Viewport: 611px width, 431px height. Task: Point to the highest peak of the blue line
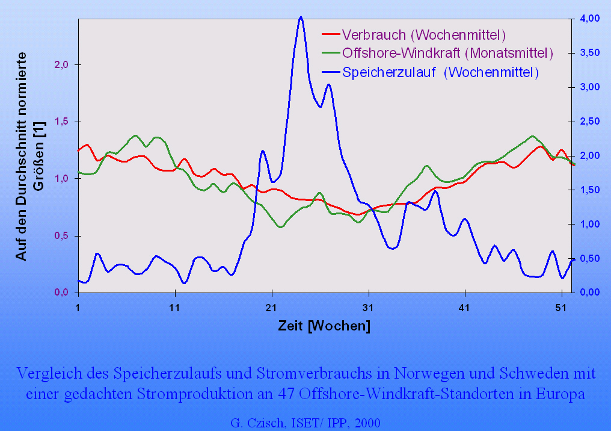pos(301,17)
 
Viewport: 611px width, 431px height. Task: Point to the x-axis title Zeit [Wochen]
pos(324,327)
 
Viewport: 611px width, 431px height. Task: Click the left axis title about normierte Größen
pos(30,155)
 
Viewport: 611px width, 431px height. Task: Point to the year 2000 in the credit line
pos(367,422)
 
